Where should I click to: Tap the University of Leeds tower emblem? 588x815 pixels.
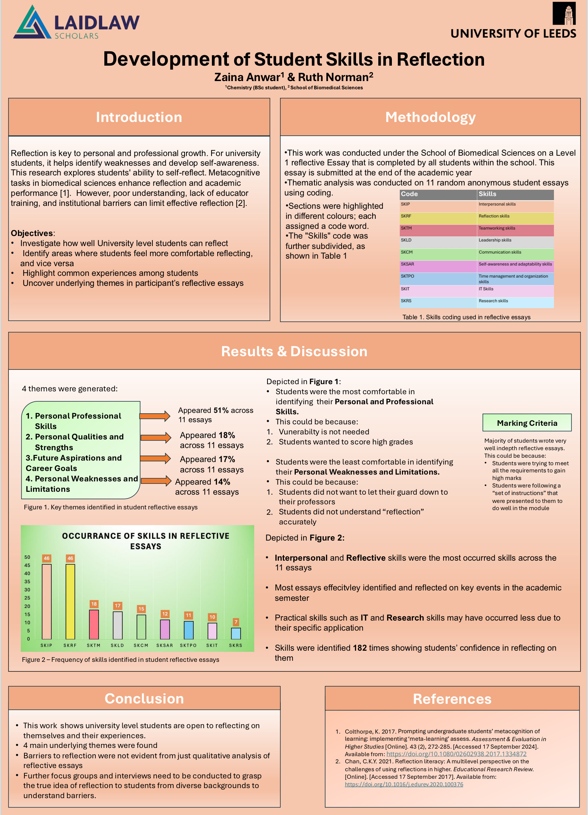point(564,14)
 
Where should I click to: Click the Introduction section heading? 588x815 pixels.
point(139,117)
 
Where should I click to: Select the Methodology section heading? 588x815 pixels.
point(430,117)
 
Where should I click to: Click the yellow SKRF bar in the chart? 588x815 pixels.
point(70,602)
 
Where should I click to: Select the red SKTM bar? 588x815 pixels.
point(94,625)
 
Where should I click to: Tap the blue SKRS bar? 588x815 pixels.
point(236,633)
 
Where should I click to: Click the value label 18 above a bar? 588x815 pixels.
point(94,604)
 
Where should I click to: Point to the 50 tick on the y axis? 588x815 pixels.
point(27,557)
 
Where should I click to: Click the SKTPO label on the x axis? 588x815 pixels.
point(188,645)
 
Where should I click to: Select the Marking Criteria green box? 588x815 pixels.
point(527,423)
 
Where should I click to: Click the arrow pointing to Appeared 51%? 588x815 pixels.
point(155,416)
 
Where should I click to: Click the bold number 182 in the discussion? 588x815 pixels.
point(360,648)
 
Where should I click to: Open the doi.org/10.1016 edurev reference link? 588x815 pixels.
point(404,784)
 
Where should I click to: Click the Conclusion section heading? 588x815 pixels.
point(144,698)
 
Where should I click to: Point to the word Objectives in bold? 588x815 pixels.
point(32,233)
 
